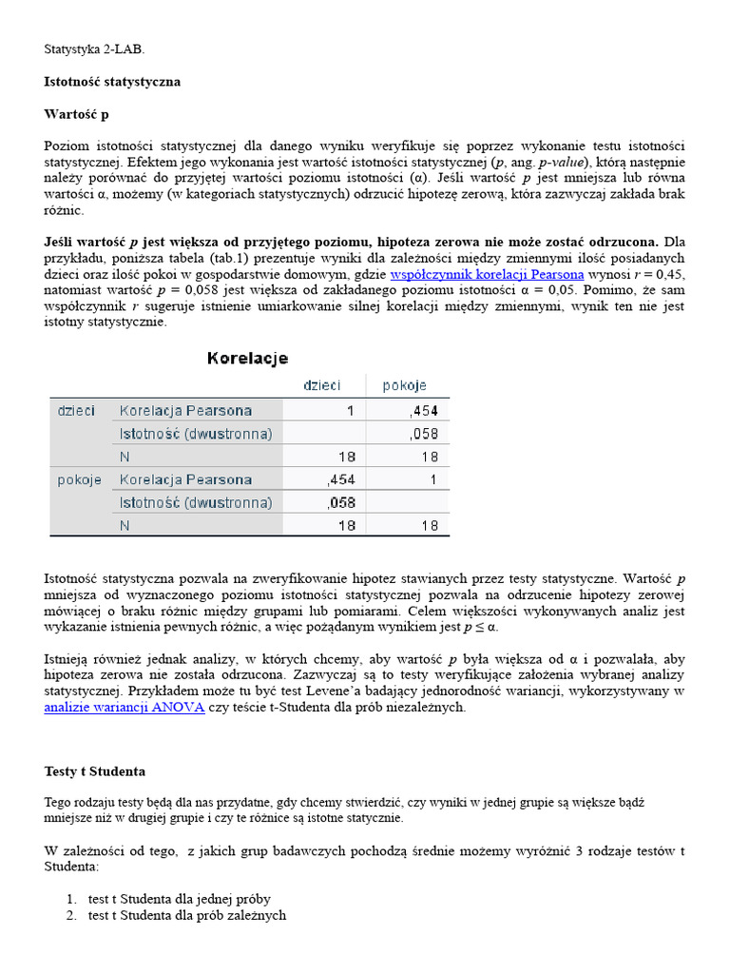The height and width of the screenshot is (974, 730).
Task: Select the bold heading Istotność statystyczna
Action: [112, 82]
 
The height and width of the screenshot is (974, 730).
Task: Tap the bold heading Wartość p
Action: [77, 114]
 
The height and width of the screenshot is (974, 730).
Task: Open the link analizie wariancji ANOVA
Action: [125, 708]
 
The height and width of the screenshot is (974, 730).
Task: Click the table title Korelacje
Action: [247, 359]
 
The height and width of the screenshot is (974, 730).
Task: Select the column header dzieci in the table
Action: [321, 385]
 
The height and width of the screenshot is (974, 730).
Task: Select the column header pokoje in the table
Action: [404, 385]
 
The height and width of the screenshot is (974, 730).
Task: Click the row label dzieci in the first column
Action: [76, 411]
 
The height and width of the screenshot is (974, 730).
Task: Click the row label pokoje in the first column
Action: [79, 479]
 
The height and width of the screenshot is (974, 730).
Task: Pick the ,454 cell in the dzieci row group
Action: [423, 411]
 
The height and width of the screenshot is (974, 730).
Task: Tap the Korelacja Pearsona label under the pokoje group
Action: [185, 479]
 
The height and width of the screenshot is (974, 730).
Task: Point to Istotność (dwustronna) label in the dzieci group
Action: [195, 434]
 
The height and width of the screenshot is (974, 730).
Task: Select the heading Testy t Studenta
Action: [95, 770]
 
